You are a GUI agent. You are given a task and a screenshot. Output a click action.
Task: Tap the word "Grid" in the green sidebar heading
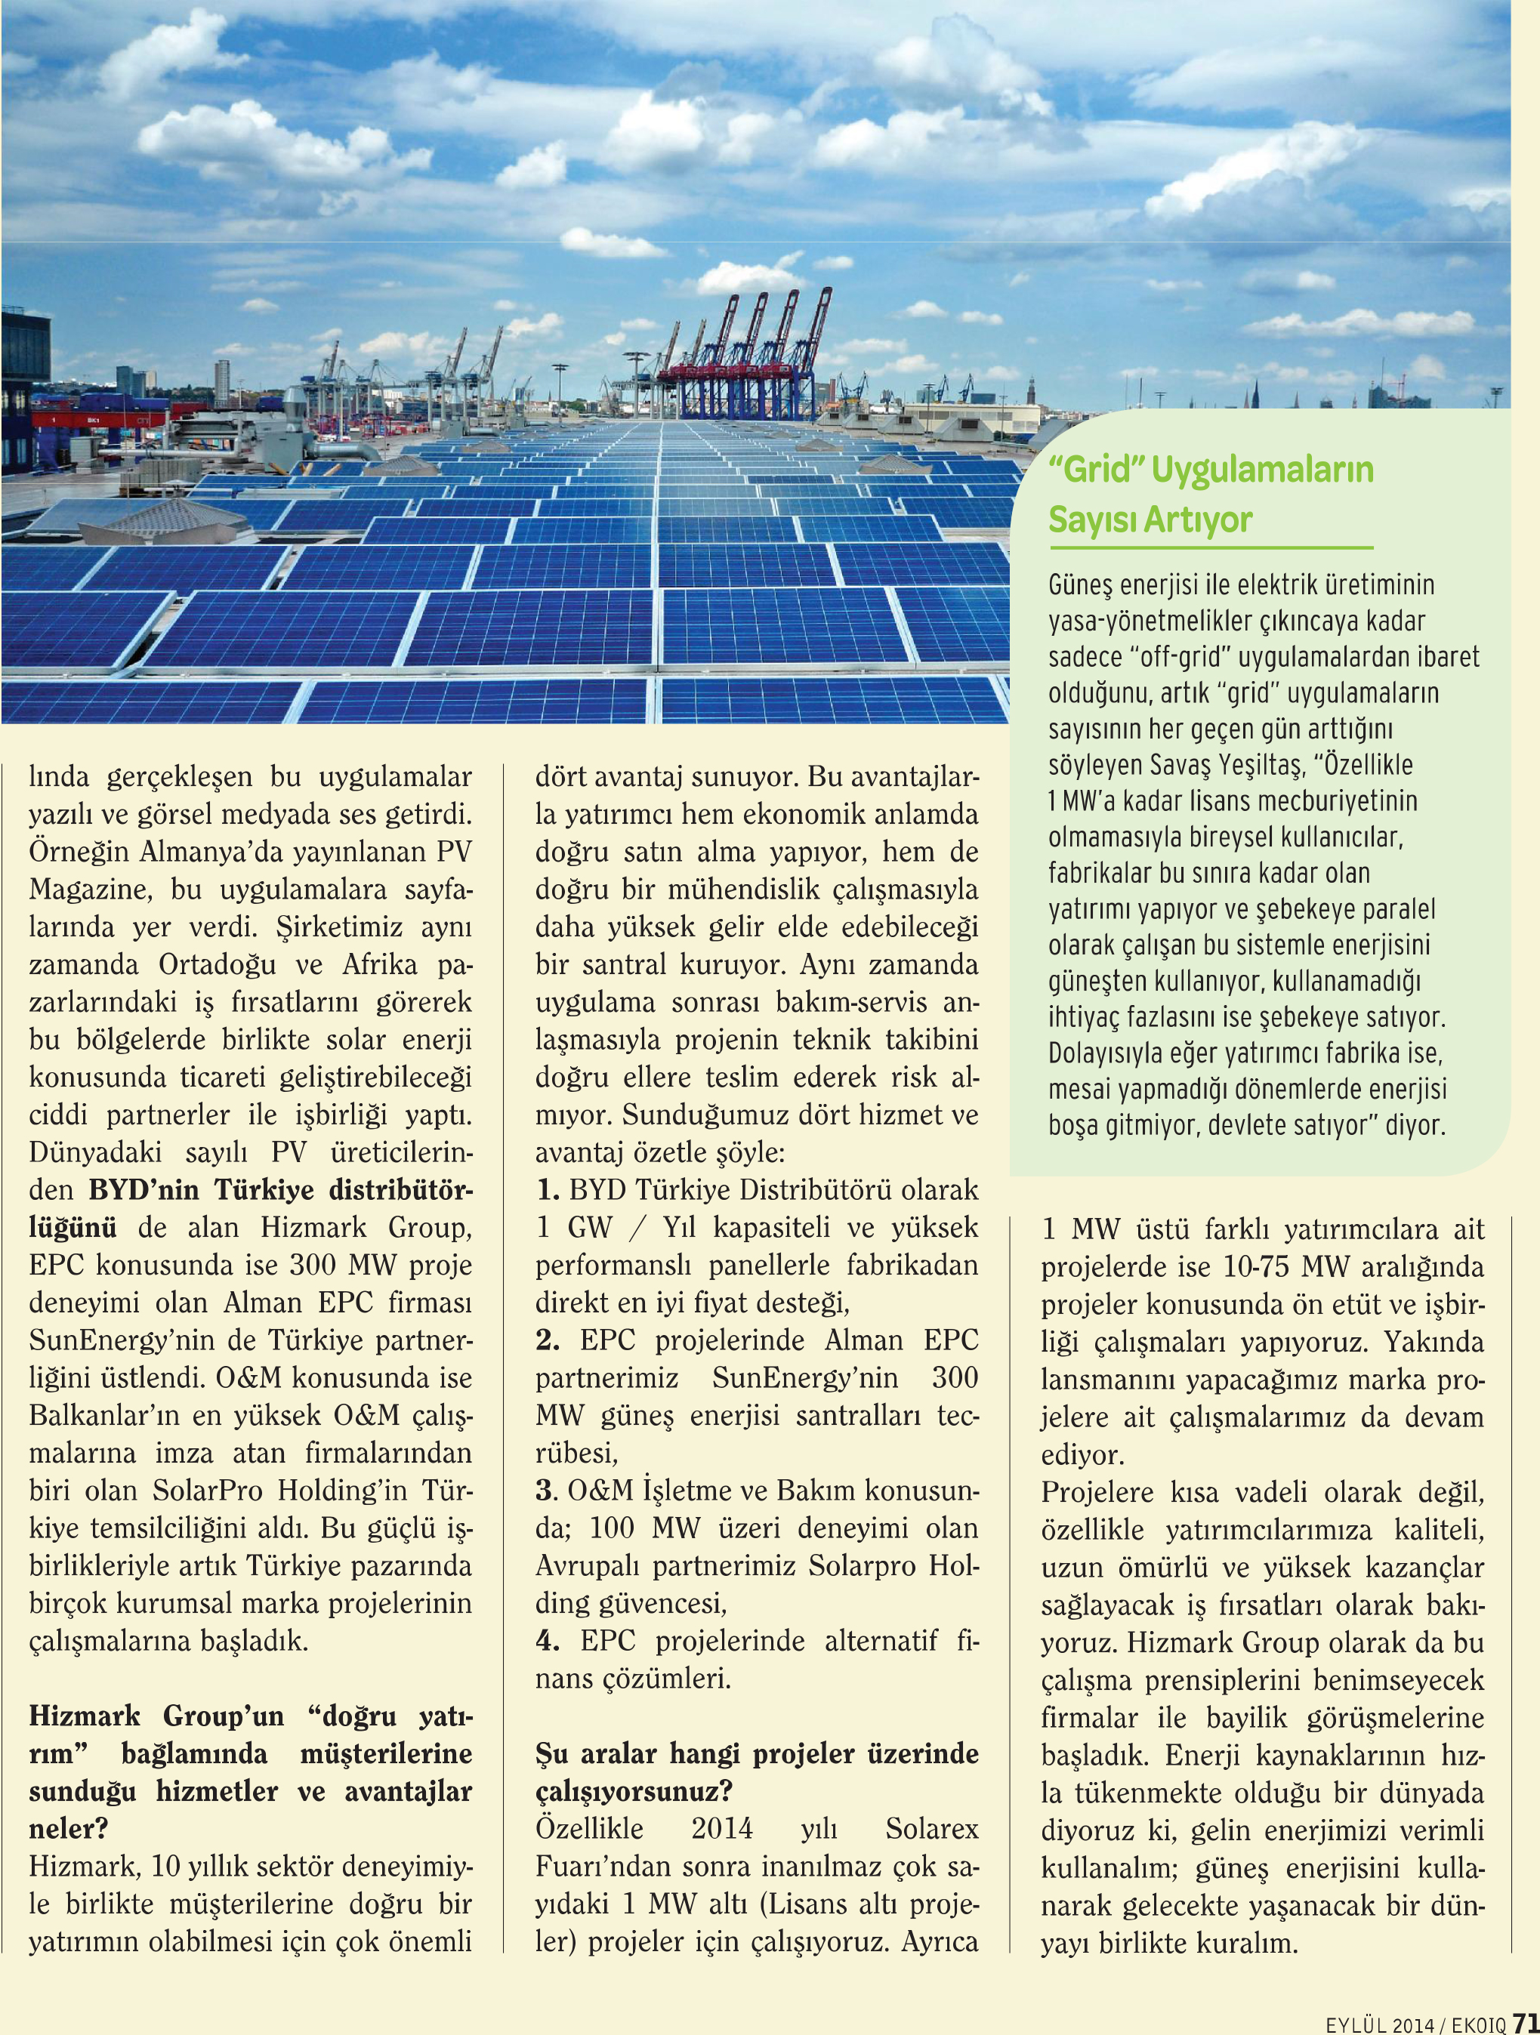1096,469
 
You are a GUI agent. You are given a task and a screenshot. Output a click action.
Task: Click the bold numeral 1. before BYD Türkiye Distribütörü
548,1191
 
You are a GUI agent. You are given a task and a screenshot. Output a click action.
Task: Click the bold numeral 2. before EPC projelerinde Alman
548,1340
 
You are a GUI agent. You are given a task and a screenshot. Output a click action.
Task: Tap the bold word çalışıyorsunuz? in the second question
634,1791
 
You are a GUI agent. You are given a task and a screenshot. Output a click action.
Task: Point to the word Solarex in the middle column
931,1829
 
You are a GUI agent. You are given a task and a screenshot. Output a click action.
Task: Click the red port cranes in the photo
745,359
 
